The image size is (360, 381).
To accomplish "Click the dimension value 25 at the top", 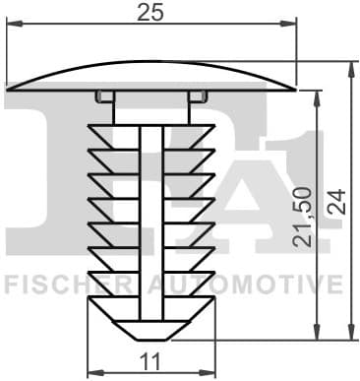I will (x=150, y=13).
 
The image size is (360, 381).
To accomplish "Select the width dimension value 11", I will (x=150, y=361).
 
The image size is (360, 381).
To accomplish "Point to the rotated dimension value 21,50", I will (x=303, y=215).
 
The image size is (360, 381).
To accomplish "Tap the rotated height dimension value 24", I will (x=337, y=204).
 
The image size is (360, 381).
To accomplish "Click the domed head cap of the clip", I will (x=150, y=77).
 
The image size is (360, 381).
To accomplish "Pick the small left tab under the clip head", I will (x=104, y=95).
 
